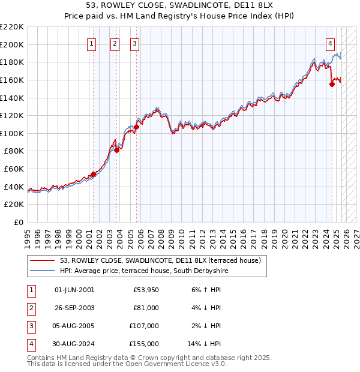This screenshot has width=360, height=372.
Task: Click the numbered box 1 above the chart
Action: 92,43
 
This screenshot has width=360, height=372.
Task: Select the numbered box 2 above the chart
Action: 115,43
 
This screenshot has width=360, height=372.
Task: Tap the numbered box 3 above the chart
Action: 134,43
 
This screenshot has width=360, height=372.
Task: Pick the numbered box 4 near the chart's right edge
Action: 331,43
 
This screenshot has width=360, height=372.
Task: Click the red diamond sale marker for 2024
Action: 332,85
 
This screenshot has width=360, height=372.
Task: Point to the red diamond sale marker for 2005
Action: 136,127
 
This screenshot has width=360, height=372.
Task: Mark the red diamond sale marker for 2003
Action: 117,151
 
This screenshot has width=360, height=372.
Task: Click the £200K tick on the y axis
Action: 13,44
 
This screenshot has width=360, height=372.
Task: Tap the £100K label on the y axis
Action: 13,133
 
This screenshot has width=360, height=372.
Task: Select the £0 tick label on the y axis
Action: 18,222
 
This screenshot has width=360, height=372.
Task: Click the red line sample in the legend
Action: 43,261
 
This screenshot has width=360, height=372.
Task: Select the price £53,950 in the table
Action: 145,290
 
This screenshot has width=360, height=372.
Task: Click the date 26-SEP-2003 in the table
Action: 74,308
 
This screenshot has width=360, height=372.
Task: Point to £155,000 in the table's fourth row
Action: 145,344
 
